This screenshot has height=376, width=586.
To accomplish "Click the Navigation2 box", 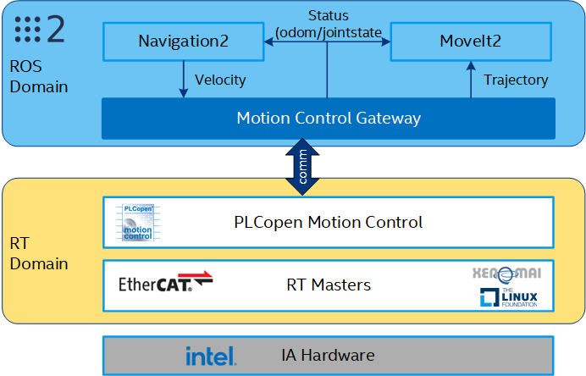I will coord(183,41).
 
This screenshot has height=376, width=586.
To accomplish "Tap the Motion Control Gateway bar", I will coord(328,119).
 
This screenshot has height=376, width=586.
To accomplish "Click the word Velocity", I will coord(220,80).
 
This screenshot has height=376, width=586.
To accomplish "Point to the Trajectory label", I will coord(516,80).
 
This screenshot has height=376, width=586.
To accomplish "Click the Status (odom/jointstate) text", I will coord(328,24).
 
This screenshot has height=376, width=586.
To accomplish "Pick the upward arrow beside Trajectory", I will coord(472,80).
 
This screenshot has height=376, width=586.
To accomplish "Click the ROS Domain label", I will coord(38,76).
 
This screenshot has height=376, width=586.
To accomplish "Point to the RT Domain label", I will coord(38,254).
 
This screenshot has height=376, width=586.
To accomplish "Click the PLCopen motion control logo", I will coord(138,223).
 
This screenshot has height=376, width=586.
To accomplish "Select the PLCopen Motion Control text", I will coord(328,223).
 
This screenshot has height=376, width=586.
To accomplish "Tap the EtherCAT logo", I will coord(165,283).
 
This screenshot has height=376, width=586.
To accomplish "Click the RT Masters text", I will coord(328,285).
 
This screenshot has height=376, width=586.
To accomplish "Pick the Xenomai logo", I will coord(506,273).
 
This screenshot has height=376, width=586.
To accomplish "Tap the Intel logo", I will coord(211,356).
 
